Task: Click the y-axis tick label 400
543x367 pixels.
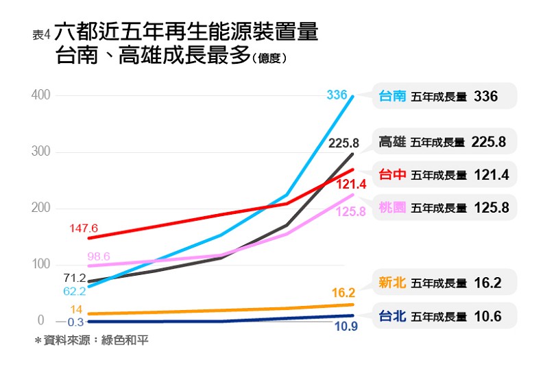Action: click(x=40, y=95)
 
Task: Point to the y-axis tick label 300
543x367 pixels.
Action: click(x=40, y=152)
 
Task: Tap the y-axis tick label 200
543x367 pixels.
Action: click(x=40, y=209)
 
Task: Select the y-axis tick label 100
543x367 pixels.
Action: click(x=40, y=265)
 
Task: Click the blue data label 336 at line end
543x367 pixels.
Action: click(x=337, y=95)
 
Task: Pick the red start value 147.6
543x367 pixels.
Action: click(x=84, y=228)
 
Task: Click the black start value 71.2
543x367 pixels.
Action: click(x=74, y=278)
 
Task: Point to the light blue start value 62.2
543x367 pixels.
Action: click(x=74, y=291)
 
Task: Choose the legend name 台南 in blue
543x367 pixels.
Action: click(x=393, y=97)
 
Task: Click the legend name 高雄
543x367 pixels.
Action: click(x=393, y=142)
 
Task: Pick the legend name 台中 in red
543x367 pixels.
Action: click(x=393, y=175)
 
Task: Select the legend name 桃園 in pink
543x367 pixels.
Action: click(x=393, y=207)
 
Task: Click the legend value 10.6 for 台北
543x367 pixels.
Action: click(x=487, y=317)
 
